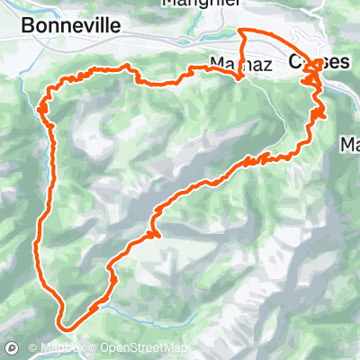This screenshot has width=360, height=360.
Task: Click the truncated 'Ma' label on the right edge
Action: pos(350,144)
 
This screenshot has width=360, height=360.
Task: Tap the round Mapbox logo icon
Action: pos(12,347)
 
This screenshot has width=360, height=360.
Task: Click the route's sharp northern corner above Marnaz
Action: pos(240,31)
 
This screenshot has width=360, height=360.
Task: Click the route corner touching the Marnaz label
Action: pos(239,76)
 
